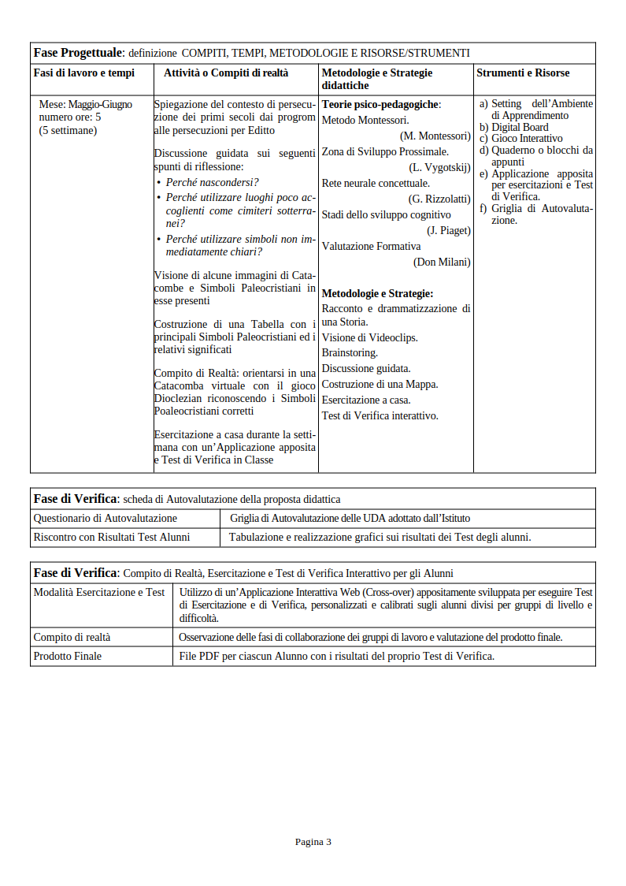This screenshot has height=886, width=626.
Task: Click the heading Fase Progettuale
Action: (x=78, y=53)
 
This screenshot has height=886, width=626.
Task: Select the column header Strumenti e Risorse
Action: (x=523, y=73)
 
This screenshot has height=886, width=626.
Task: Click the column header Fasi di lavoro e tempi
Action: (x=83, y=73)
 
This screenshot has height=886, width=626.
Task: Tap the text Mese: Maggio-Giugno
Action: (x=85, y=104)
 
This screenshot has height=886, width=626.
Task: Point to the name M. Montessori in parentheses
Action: (x=435, y=136)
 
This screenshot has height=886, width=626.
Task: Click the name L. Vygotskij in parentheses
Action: (x=439, y=168)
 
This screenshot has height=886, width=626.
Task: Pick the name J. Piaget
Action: (x=449, y=231)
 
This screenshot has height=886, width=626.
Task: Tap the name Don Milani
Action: (x=442, y=262)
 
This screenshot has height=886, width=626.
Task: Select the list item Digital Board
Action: (x=520, y=127)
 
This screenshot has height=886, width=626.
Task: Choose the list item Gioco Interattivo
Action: (x=527, y=139)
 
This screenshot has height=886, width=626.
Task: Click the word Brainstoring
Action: (x=350, y=353)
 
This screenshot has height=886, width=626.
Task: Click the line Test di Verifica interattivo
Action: (x=380, y=416)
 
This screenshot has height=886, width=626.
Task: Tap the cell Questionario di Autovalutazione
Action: (x=105, y=519)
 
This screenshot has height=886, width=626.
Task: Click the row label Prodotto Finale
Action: (x=67, y=657)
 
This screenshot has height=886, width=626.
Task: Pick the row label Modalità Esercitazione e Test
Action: (x=99, y=593)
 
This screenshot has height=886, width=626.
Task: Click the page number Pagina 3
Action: (x=313, y=842)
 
